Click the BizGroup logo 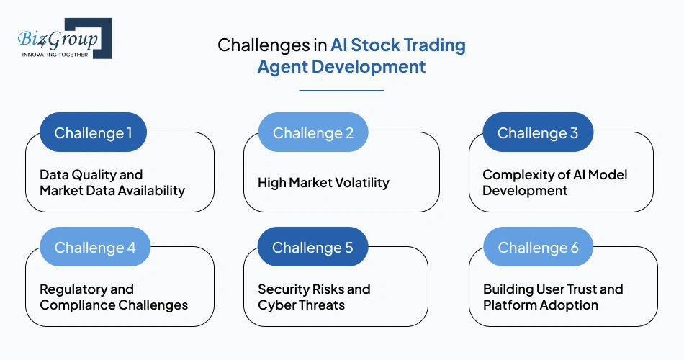point(63,38)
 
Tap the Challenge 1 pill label point(94,133)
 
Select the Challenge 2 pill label point(313,133)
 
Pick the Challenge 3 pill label point(538,133)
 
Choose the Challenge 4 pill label point(95,248)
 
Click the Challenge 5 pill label point(313,248)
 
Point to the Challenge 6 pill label point(538,248)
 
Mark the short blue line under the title point(341,91)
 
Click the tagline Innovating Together point(55,55)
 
